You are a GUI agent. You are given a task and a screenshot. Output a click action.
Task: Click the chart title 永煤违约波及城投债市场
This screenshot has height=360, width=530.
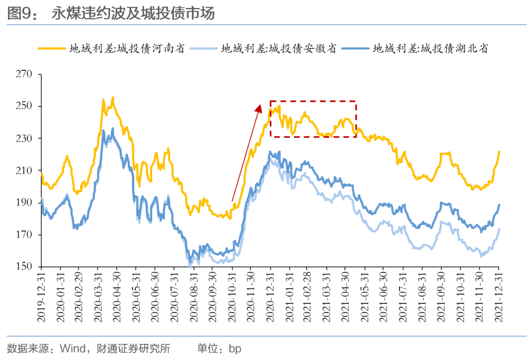point(133,14)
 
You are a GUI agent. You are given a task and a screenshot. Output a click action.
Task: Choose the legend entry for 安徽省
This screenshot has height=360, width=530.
point(278,48)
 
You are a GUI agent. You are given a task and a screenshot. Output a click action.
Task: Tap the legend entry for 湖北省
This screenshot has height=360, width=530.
point(430,48)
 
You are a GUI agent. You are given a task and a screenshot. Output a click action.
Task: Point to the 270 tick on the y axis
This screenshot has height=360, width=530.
point(24,74)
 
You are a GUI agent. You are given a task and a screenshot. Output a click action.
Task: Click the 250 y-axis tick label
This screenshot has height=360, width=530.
point(24,107)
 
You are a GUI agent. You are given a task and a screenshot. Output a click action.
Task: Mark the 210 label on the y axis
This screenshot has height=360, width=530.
point(24,171)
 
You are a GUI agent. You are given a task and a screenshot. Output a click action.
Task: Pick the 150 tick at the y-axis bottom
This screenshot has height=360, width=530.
point(24,267)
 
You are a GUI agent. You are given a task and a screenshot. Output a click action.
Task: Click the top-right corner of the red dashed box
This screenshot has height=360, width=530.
point(356,101)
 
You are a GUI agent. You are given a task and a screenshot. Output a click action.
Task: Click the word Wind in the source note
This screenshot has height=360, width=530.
point(71,349)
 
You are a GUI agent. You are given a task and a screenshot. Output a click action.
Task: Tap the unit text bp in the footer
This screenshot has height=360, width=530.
point(235,349)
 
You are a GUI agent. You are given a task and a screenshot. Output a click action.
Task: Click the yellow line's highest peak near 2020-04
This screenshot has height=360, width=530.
point(113,97)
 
